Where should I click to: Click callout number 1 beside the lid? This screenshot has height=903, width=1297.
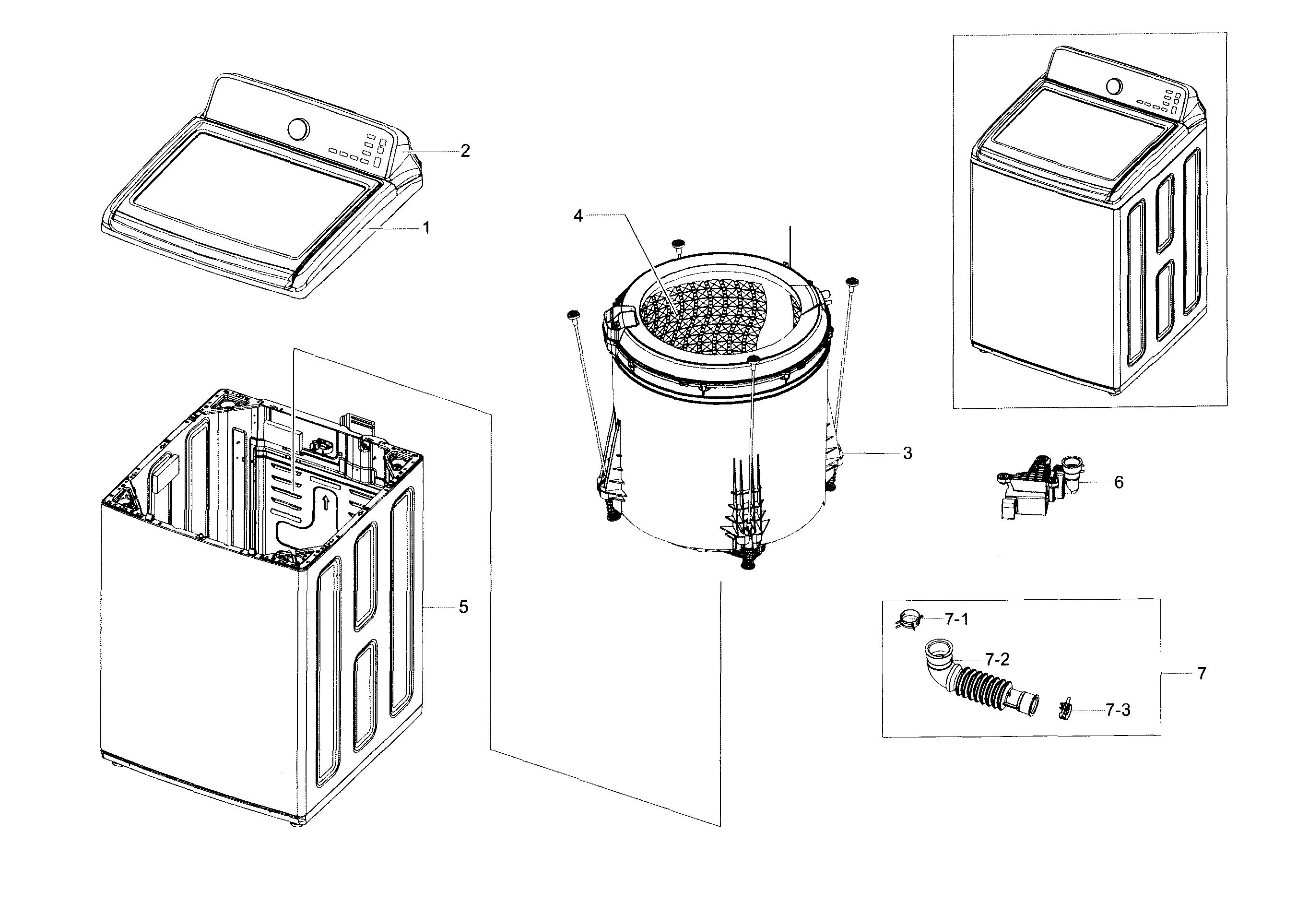pyautogui.click(x=426, y=228)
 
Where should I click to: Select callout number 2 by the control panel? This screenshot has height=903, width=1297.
pyautogui.click(x=465, y=151)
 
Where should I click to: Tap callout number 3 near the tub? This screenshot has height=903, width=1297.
pyautogui.click(x=907, y=453)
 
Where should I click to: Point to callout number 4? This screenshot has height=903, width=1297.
pyautogui.click(x=578, y=216)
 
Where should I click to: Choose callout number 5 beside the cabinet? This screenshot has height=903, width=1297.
pyautogui.click(x=463, y=607)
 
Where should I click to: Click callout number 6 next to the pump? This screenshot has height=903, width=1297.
pyautogui.click(x=1119, y=483)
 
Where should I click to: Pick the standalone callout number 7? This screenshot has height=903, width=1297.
pyautogui.click(x=1202, y=674)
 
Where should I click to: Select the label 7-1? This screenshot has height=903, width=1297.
pyautogui.click(x=957, y=620)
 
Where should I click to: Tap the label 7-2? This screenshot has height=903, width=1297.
pyautogui.click(x=997, y=659)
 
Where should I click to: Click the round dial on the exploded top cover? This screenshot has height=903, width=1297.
pyautogui.click(x=298, y=128)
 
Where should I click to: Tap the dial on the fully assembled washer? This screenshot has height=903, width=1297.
pyautogui.click(x=1113, y=86)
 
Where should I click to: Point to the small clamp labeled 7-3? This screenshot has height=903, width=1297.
pyautogui.click(x=1065, y=709)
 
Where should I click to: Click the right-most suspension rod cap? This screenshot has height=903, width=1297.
pyautogui.click(x=852, y=282)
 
